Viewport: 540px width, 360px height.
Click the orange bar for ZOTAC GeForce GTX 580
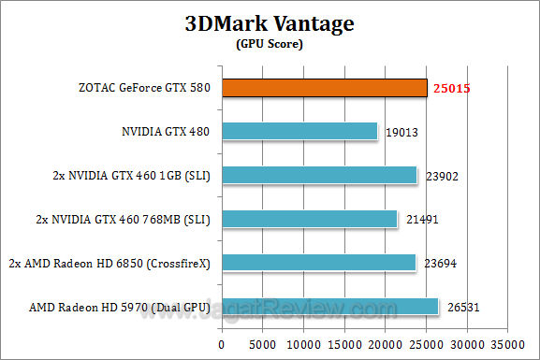[x=325, y=88]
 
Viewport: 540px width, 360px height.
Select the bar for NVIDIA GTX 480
[x=300, y=132]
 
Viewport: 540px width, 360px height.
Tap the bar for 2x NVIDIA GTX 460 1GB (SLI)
[x=320, y=176]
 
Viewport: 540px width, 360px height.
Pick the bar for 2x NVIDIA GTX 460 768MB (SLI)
[x=310, y=220]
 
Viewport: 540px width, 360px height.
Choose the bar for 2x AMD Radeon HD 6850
[x=319, y=263]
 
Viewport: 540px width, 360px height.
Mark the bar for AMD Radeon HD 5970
[x=330, y=307]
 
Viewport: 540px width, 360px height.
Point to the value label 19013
[x=401, y=133]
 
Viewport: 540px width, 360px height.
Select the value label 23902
[x=440, y=176]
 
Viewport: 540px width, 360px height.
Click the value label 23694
[x=439, y=264]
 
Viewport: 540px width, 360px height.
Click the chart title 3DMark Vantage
[x=270, y=23]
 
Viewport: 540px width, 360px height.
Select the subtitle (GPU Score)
[x=270, y=44]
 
